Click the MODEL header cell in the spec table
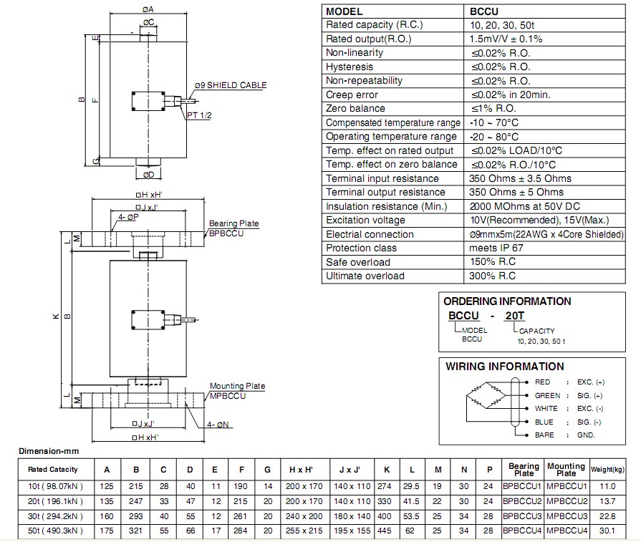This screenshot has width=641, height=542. pos(344,11)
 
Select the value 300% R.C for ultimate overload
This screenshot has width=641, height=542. pos(493,276)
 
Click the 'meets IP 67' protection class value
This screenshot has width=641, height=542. pos(496,248)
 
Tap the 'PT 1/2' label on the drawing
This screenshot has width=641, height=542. pos(199,115)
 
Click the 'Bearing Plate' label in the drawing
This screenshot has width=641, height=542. pos(233,223)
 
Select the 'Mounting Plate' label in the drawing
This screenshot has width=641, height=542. pos(237,386)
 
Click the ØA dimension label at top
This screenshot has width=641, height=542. pos(148,9)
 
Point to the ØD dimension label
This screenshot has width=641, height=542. pos(148,174)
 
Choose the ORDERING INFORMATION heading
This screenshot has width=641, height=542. pos(507,301)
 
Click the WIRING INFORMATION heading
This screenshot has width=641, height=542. pos(504,367)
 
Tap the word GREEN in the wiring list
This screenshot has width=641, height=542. pos(547,395)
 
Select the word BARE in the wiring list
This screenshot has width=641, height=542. pos(544,435)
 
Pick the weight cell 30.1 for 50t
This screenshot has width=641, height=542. pos(607,530)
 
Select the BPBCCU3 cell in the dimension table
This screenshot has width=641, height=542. pos(524,516)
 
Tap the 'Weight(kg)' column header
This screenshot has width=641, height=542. pos(607,469)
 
